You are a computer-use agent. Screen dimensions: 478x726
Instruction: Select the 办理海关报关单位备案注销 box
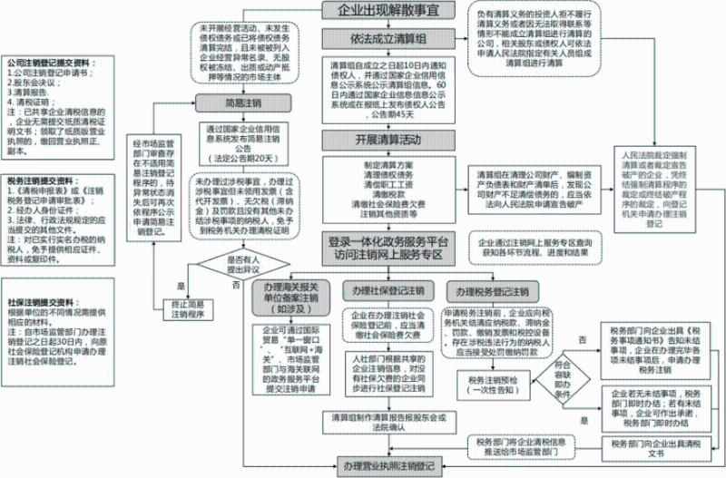[289, 297]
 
